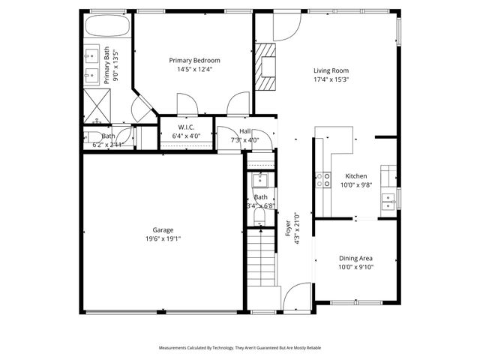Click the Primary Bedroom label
[194, 61]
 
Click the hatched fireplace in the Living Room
[265, 66]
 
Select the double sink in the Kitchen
[389, 199]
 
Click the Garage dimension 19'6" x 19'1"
[163, 238]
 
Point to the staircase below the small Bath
[262, 259]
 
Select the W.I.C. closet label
[186, 127]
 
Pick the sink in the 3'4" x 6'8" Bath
[259, 181]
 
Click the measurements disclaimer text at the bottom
[239, 348]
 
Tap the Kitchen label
[355, 175]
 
